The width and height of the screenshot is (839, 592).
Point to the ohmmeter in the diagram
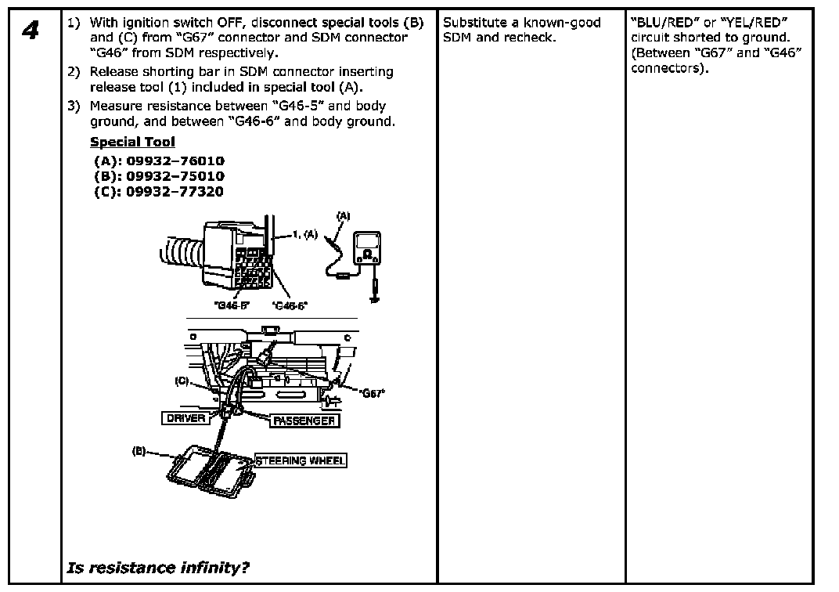[365, 249]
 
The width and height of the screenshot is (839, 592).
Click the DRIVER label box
[186, 418]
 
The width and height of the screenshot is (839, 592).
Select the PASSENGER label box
[304, 421]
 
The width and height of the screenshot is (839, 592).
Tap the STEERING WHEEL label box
[301, 460]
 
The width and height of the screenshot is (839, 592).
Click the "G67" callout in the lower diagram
[373, 394]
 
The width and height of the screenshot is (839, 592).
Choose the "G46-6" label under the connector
[290, 305]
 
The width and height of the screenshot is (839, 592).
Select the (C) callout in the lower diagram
[182, 381]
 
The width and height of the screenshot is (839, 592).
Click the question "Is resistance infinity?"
[159, 568]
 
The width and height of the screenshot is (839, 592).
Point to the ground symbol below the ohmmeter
[375, 297]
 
